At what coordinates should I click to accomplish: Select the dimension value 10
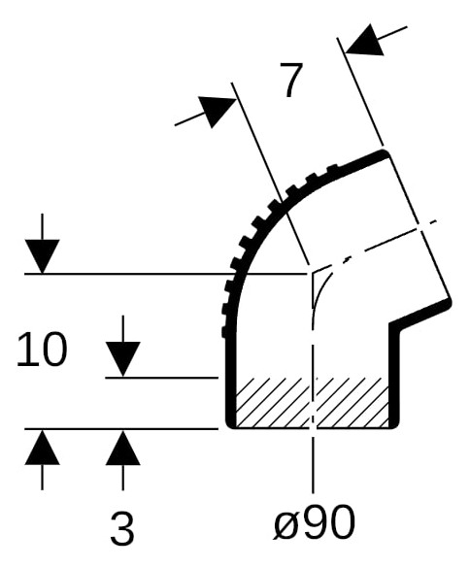pos(42,350)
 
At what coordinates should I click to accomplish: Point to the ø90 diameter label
pos(314,522)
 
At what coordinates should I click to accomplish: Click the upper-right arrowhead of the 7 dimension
pos(365,40)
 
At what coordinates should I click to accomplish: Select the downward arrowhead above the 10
pos(42,256)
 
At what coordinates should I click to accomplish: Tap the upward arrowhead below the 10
pos(42,447)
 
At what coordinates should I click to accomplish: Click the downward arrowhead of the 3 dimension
pos(123,359)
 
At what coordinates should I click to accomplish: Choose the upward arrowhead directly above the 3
pos(123,447)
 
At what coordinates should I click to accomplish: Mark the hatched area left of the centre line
pos(273,402)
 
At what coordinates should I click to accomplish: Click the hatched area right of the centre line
pos(352,402)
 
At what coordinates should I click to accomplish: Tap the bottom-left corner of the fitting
pos(230,424)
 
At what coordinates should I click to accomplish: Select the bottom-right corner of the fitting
pos(395,424)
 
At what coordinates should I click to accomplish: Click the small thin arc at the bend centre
pos(319,289)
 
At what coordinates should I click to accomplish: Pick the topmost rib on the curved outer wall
pos(332,168)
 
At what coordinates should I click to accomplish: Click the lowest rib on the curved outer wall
pos(224,332)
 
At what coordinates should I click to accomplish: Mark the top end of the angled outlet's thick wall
pos(384,153)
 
